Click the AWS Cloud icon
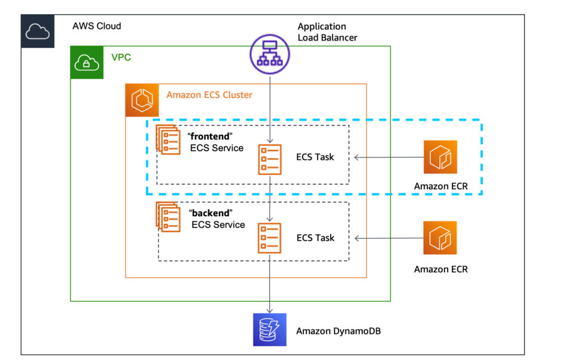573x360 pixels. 38,31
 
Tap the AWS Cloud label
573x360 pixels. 96,26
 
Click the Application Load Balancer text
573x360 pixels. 327,32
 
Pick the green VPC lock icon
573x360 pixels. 87,62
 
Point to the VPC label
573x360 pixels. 121,58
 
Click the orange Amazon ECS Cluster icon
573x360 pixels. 142,100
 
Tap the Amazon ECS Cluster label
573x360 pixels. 209,95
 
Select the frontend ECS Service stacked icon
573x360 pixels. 168,140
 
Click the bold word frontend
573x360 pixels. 210,136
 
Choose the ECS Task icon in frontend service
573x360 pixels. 270,159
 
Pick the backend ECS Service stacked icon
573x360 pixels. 168,216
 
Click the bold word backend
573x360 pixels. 210,213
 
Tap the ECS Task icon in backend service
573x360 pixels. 270,239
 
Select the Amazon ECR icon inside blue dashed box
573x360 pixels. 440,157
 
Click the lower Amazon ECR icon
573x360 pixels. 440,238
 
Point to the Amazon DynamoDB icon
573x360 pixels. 270,330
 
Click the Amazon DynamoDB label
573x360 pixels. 338,331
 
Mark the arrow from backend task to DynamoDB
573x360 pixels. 270,284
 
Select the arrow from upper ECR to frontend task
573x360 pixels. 388,158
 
